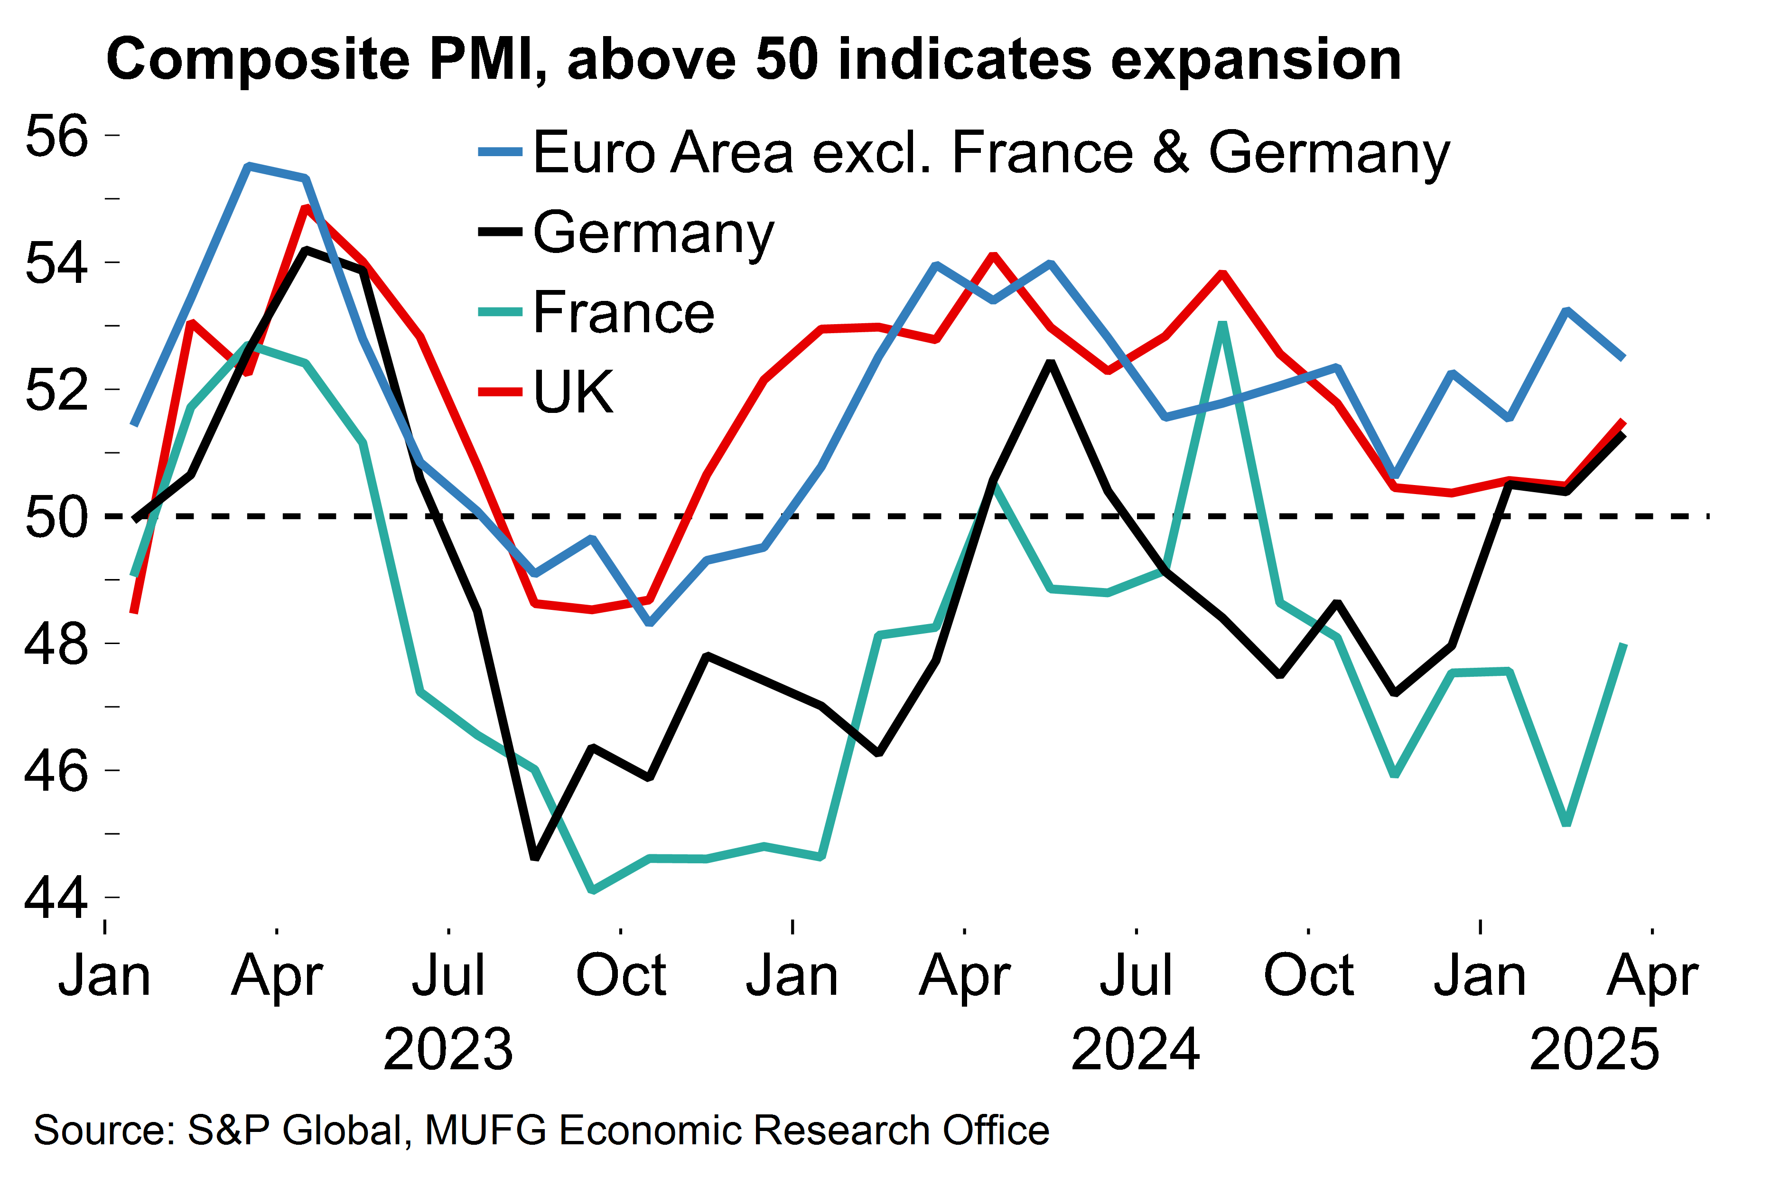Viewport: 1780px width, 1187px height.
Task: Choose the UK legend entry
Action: coord(573,392)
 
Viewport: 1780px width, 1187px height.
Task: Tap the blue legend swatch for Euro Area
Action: coord(500,152)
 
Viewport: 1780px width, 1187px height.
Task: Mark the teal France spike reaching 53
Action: coord(1223,324)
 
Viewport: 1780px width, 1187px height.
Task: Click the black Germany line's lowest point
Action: coord(535,858)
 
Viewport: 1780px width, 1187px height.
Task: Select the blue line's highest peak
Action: coord(249,166)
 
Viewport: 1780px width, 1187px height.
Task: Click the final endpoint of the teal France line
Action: coord(1623,644)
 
